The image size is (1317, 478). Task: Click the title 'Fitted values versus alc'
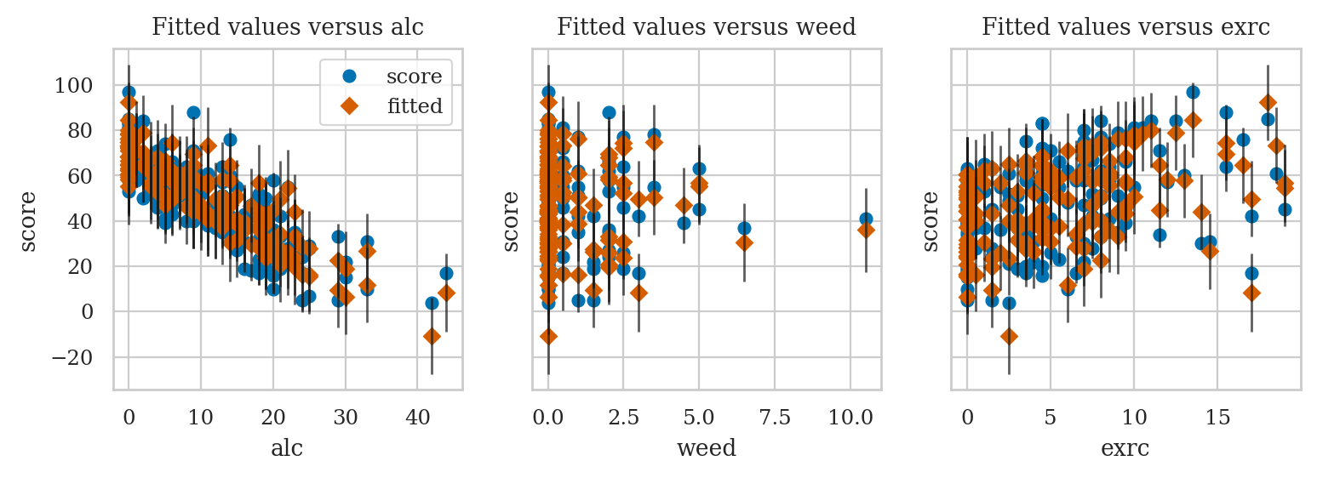point(288,27)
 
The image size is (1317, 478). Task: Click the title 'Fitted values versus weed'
point(706,27)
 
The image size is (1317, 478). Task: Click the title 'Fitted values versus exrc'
point(1125,27)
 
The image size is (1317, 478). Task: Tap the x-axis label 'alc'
point(287,448)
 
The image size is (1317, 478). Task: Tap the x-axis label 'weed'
point(706,448)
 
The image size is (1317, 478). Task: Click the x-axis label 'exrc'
point(1125,448)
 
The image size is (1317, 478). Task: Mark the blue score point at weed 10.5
point(866,219)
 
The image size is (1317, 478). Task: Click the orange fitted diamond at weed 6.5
point(744,242)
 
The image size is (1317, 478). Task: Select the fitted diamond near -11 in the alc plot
point(432,336)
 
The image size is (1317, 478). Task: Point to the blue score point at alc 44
point(446,273)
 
